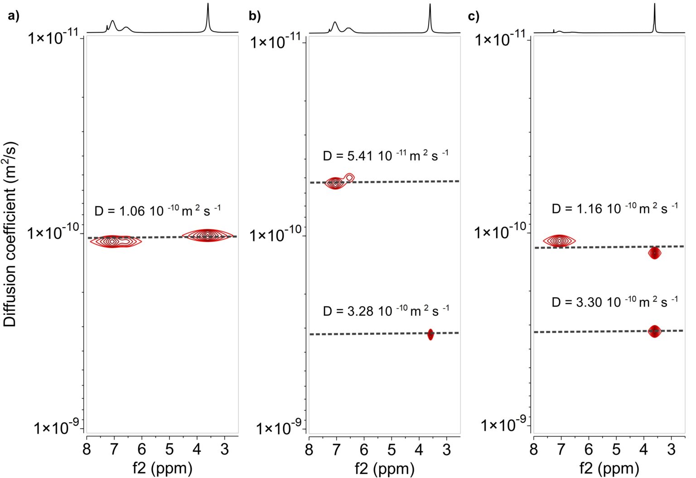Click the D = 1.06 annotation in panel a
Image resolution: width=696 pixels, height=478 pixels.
coord(157,211)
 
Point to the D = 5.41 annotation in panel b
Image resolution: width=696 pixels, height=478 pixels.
coord(385,155)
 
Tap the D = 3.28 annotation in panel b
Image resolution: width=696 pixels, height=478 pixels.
coord(386,311)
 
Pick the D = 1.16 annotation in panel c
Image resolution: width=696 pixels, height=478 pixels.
coord(614,208)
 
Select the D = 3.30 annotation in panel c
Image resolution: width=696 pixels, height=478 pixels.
coord(614,302)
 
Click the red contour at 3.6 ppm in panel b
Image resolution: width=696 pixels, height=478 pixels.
coord(430,335)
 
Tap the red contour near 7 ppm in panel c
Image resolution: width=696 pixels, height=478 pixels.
coord(560,241)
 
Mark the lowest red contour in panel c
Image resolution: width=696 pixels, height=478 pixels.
coord(654,332)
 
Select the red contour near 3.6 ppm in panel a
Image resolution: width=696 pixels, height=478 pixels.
coord(208,235)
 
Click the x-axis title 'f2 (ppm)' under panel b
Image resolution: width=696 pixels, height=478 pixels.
coord(385,468)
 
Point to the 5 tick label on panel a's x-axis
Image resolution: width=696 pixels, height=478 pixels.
coord(169,449)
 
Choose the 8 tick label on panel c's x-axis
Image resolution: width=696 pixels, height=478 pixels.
coord(534,449)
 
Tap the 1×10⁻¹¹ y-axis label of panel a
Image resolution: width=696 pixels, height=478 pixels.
coord(53,37)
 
